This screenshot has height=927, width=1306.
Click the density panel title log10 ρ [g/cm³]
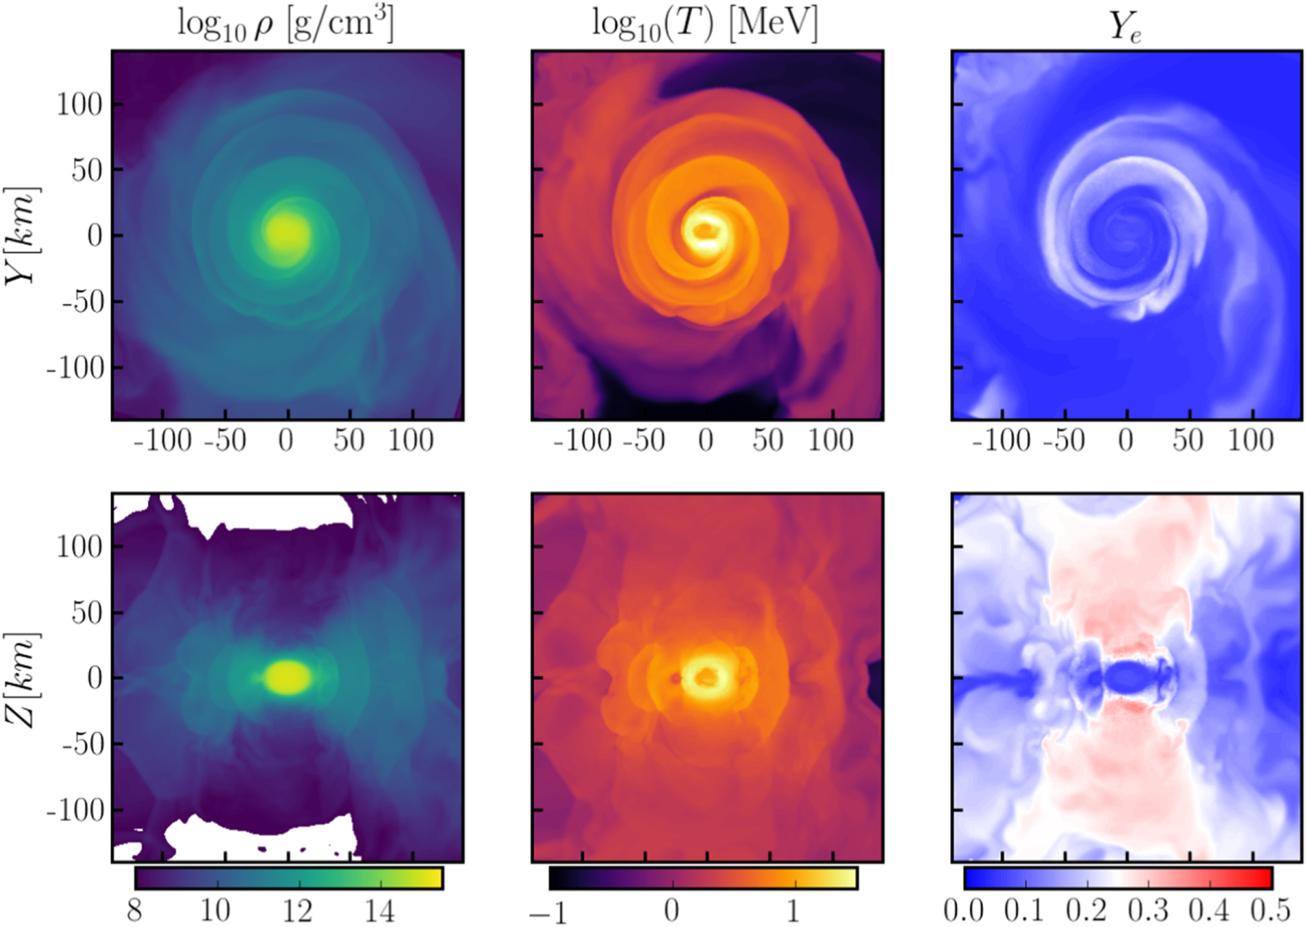tap(286, 25)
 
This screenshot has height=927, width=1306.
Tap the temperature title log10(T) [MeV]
tap(705, 23)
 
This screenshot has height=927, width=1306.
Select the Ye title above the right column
tap(1125, 27)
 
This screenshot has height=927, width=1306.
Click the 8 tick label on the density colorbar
tap(135, 910)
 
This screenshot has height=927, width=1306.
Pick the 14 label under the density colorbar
tap(379, 910)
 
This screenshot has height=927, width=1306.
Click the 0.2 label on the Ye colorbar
tap(1087, 910)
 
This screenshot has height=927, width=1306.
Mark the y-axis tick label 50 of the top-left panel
tap(87, 170)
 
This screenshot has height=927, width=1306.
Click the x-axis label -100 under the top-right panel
tap(1001, 440)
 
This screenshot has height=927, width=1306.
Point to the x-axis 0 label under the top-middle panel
tap(706, 440)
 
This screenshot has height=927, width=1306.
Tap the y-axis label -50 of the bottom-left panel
tap(82, 743)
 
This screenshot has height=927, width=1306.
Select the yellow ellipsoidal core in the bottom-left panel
tap(287, 677)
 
